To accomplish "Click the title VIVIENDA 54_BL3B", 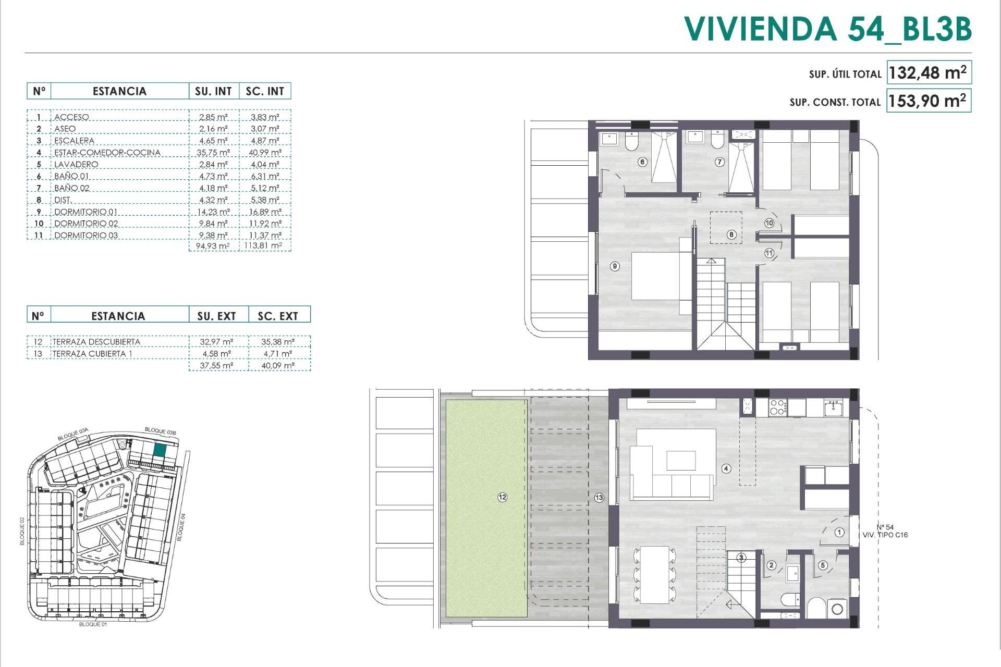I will (x=827, y=29).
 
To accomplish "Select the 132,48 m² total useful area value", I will (x=927, y=73).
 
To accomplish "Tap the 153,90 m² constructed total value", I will (x=927, y=101).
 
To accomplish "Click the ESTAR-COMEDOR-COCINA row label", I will (x=107, y=152).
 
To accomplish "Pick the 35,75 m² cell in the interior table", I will (x=214, y=152).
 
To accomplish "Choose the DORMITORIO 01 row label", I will (x=86, y=212).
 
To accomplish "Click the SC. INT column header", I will (x=265, y=91).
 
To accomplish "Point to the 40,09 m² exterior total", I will (x=278, y=366).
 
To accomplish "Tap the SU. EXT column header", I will (x=216, y=316).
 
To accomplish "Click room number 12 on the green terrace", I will (x=502, y=498).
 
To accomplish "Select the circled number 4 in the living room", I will (x=726, y=468).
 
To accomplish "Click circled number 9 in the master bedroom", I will (x=615, y=266).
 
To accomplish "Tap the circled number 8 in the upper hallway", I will (x=731, y=234).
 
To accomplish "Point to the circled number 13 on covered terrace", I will (x=599, y=498).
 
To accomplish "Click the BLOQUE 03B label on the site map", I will (x=160, y=431).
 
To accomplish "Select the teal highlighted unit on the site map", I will (x=160, y=451).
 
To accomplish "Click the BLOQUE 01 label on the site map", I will (x=93, y=624).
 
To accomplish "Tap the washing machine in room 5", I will (x=837, y=609).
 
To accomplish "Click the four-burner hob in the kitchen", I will (x=777, y=407).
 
